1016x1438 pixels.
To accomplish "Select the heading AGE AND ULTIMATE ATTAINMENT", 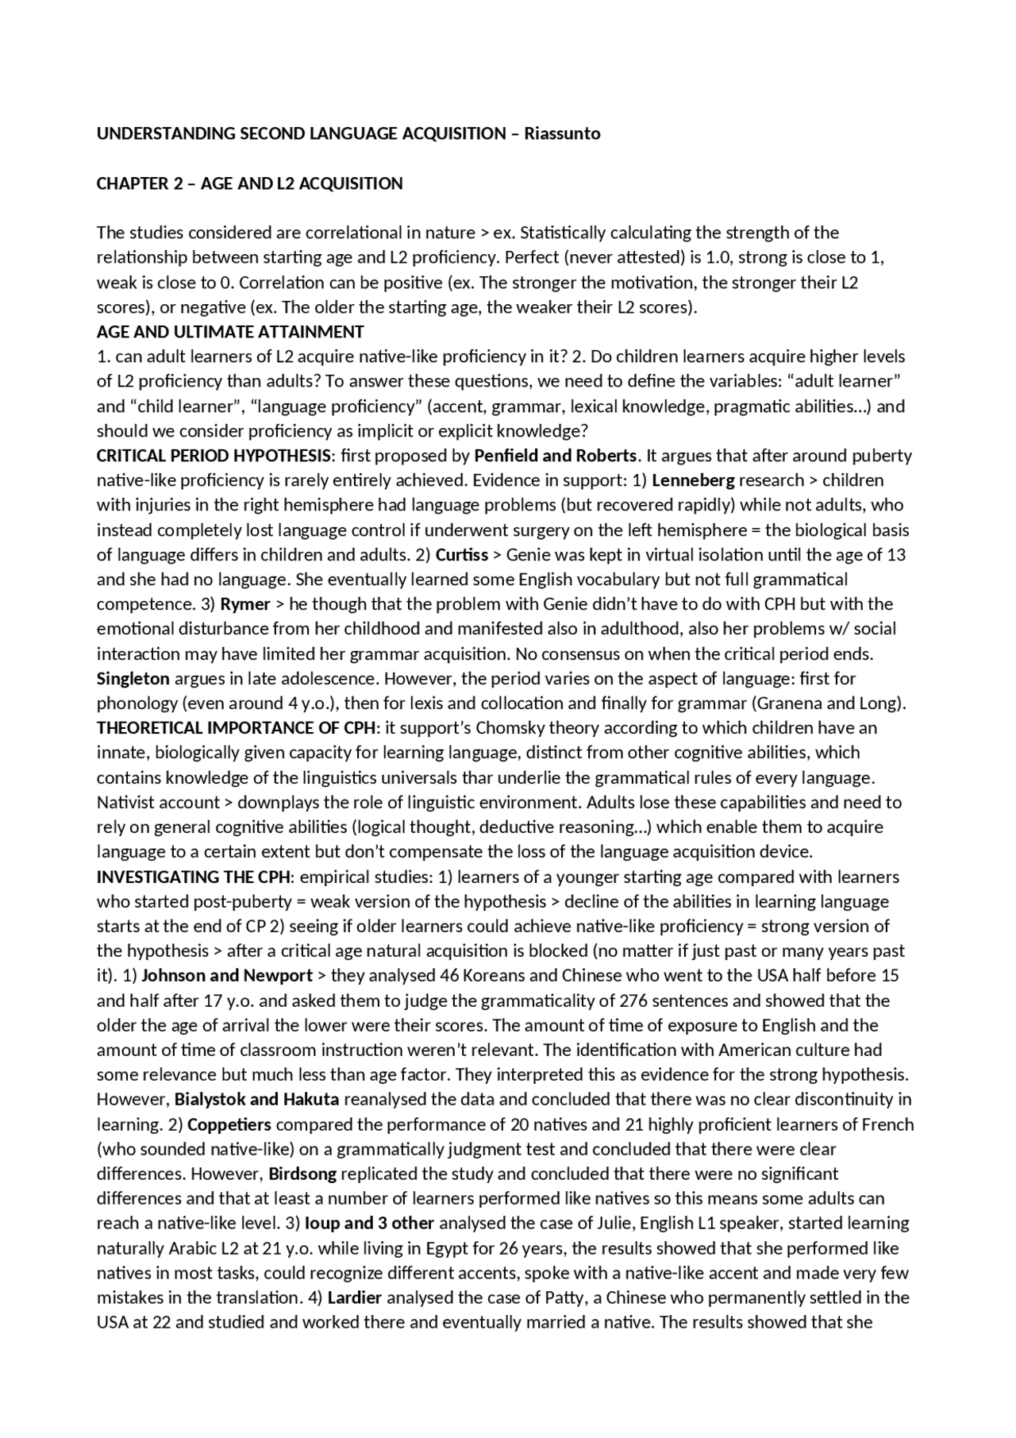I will [x=230, y=332].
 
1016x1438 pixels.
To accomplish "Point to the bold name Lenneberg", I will [x=693, y=480].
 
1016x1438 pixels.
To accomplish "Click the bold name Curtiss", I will [x=462, y=555].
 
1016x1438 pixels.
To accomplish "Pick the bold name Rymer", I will [x=245, y=604].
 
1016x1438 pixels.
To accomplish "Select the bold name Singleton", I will [x=133, y=679].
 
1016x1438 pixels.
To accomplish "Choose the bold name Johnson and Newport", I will [x=227, y=976].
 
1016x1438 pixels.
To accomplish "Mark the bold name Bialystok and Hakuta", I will [x=257, y=1100].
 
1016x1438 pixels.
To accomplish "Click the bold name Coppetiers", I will [x=229, y=1125].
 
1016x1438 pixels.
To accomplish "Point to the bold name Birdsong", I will [x=302, y=1174].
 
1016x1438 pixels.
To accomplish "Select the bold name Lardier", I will [x=355, y=1298].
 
